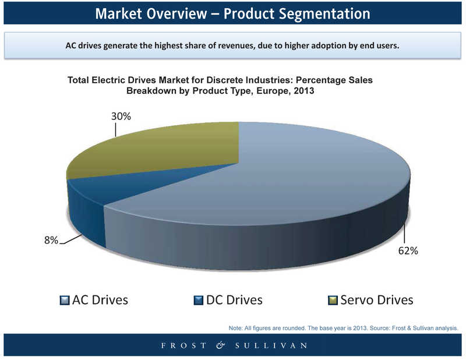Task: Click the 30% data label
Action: [121, 117]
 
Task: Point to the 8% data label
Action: [51, 240]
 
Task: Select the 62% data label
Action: [408, 251]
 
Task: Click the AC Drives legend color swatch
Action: [65, 300]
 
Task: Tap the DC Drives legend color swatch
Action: [198, 300]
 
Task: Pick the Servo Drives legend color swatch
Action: [333, 300]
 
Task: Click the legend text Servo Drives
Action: [376, 300]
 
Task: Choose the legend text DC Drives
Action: [234, 300]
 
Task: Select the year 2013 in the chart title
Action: [303, 91]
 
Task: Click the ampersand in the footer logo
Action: [221, 345]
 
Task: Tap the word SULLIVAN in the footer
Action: [271, 346]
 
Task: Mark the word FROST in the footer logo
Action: [183, 346]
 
